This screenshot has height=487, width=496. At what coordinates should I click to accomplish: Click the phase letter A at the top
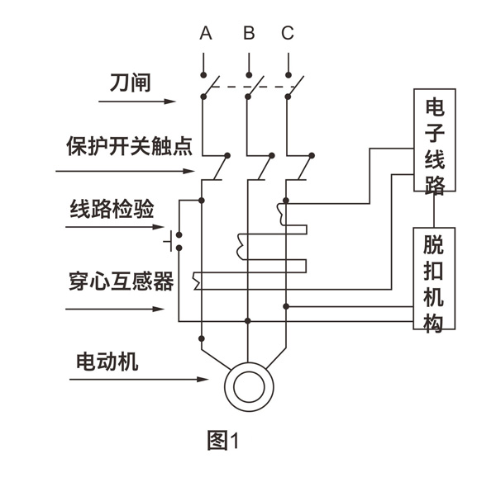pyautogui.click(x=206, y=34)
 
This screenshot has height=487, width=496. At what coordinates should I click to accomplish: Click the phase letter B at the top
pyautogui.click(x=248, y=34)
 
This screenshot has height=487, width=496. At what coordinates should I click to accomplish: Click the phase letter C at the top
pyautogui.click(x=288, y=34)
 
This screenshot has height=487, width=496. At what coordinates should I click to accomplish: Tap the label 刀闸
pyautogui.click(x=131, y=83)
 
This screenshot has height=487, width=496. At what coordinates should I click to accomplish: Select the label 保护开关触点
pyautogui.click(x=129, y=148)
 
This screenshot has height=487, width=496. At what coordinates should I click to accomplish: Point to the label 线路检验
pyautogui.click(x=111, y=209)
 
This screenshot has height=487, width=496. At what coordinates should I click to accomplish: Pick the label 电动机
pyautogui.click(x=107, y=362)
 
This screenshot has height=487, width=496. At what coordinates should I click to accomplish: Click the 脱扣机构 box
pyautogui.click(x=434, y=279)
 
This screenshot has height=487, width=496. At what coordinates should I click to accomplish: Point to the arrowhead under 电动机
pyautogui.click(x=203, y=380)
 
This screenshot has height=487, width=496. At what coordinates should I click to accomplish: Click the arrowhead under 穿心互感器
pyautogui.click(x=160, y=310)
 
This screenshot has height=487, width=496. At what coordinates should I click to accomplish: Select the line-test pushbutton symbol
pyautogui.click(x=172, y=241)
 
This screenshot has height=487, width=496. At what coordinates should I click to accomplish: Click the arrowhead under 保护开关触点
pyautogui.click(x=190, y=172)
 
